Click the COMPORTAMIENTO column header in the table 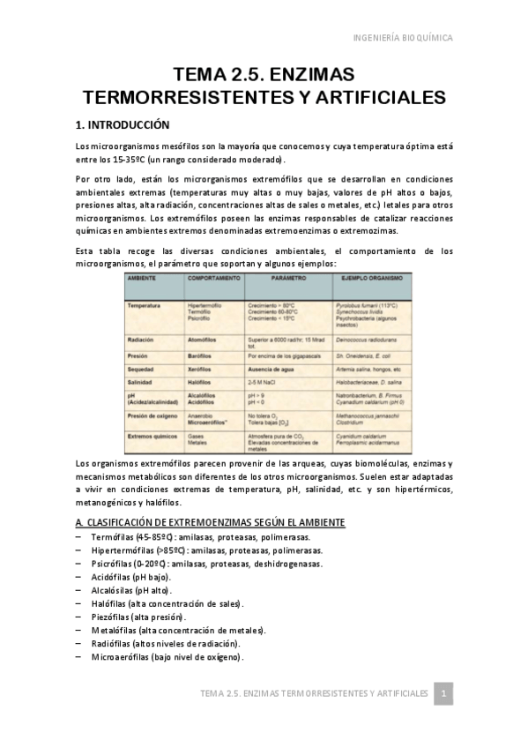pos(213,278)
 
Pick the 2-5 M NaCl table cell pos(265,382)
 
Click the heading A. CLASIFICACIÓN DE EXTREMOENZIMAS pos(210,522)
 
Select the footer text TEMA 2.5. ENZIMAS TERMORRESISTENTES pos(314,694)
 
